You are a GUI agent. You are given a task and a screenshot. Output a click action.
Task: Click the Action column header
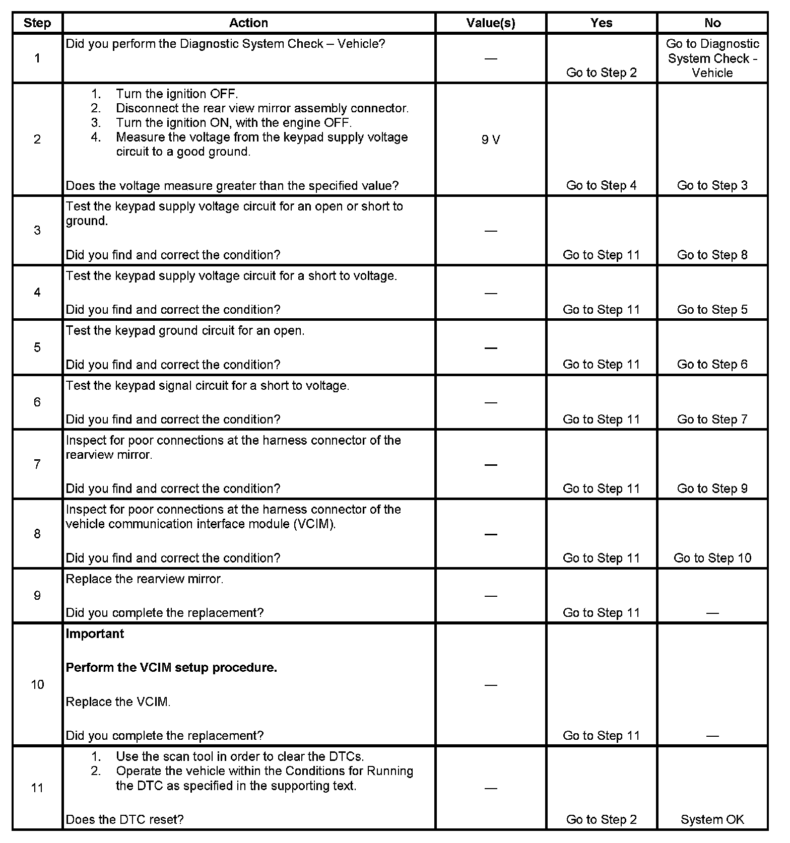click(248, 23)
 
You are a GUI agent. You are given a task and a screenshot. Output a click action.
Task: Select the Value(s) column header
click(490, 23)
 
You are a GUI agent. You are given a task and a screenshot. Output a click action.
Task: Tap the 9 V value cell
click(490, 139)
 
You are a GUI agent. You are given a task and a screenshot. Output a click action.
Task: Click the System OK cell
click(712, 819)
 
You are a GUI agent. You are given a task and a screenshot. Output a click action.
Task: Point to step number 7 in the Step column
click(37, 464)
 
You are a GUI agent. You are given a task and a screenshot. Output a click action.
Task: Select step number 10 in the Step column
click(37, 684)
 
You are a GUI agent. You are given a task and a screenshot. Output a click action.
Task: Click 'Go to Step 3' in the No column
click(712, 185)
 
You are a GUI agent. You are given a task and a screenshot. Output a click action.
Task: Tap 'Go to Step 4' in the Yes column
click(601, 185)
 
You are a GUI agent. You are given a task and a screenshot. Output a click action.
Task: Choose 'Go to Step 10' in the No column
click(712, 558)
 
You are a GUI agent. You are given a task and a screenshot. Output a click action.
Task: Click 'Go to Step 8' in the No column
click(712, 255)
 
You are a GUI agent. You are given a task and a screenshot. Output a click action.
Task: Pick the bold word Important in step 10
click(95, 634)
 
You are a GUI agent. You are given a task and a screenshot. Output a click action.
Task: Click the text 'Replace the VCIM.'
click(118, 701)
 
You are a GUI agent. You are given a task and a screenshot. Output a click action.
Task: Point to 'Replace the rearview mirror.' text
click(144, 579)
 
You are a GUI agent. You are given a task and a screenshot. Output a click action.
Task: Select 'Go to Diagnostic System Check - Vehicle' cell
click(712, 58)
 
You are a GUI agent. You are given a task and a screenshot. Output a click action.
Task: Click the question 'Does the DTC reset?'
click(124, 819)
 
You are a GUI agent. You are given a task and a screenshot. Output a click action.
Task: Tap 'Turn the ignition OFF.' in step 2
click(177, 94)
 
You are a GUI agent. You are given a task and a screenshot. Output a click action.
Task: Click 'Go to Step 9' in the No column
click(712, 488)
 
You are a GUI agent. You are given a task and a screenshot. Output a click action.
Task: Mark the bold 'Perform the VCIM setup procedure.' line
click(171, 667)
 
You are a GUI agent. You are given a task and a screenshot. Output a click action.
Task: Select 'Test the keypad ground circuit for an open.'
click(185, 330)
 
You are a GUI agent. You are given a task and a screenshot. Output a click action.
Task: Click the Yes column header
click(601, 23)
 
